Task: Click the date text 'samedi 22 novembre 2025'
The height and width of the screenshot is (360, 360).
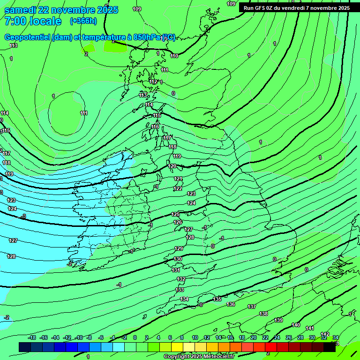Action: point(61,10)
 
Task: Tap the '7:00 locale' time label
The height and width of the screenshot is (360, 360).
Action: point(33,21)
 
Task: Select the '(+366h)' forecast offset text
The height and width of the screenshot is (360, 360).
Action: point(83,21)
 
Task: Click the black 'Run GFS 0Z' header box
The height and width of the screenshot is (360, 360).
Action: point(296,8)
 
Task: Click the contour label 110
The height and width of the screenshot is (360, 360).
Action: point(174,56)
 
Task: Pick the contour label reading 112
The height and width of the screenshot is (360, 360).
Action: point(154,82)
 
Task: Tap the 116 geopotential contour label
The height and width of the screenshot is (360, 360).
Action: point(155,127)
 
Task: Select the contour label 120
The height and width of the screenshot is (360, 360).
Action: point(172,166)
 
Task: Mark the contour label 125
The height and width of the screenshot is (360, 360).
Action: point(175,214)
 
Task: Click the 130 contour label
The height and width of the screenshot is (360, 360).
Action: point(178,259)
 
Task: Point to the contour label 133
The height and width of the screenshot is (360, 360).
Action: point(180,290)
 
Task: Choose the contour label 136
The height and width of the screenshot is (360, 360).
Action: point(231,305)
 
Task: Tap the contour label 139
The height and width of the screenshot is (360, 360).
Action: point(278,320)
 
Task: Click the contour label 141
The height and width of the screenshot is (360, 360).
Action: point(310,329)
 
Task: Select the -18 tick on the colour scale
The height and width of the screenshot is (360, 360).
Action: point(32,337)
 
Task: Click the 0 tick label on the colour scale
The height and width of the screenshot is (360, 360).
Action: point(135,337)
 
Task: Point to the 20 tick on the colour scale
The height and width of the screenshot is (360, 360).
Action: point(254,337)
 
